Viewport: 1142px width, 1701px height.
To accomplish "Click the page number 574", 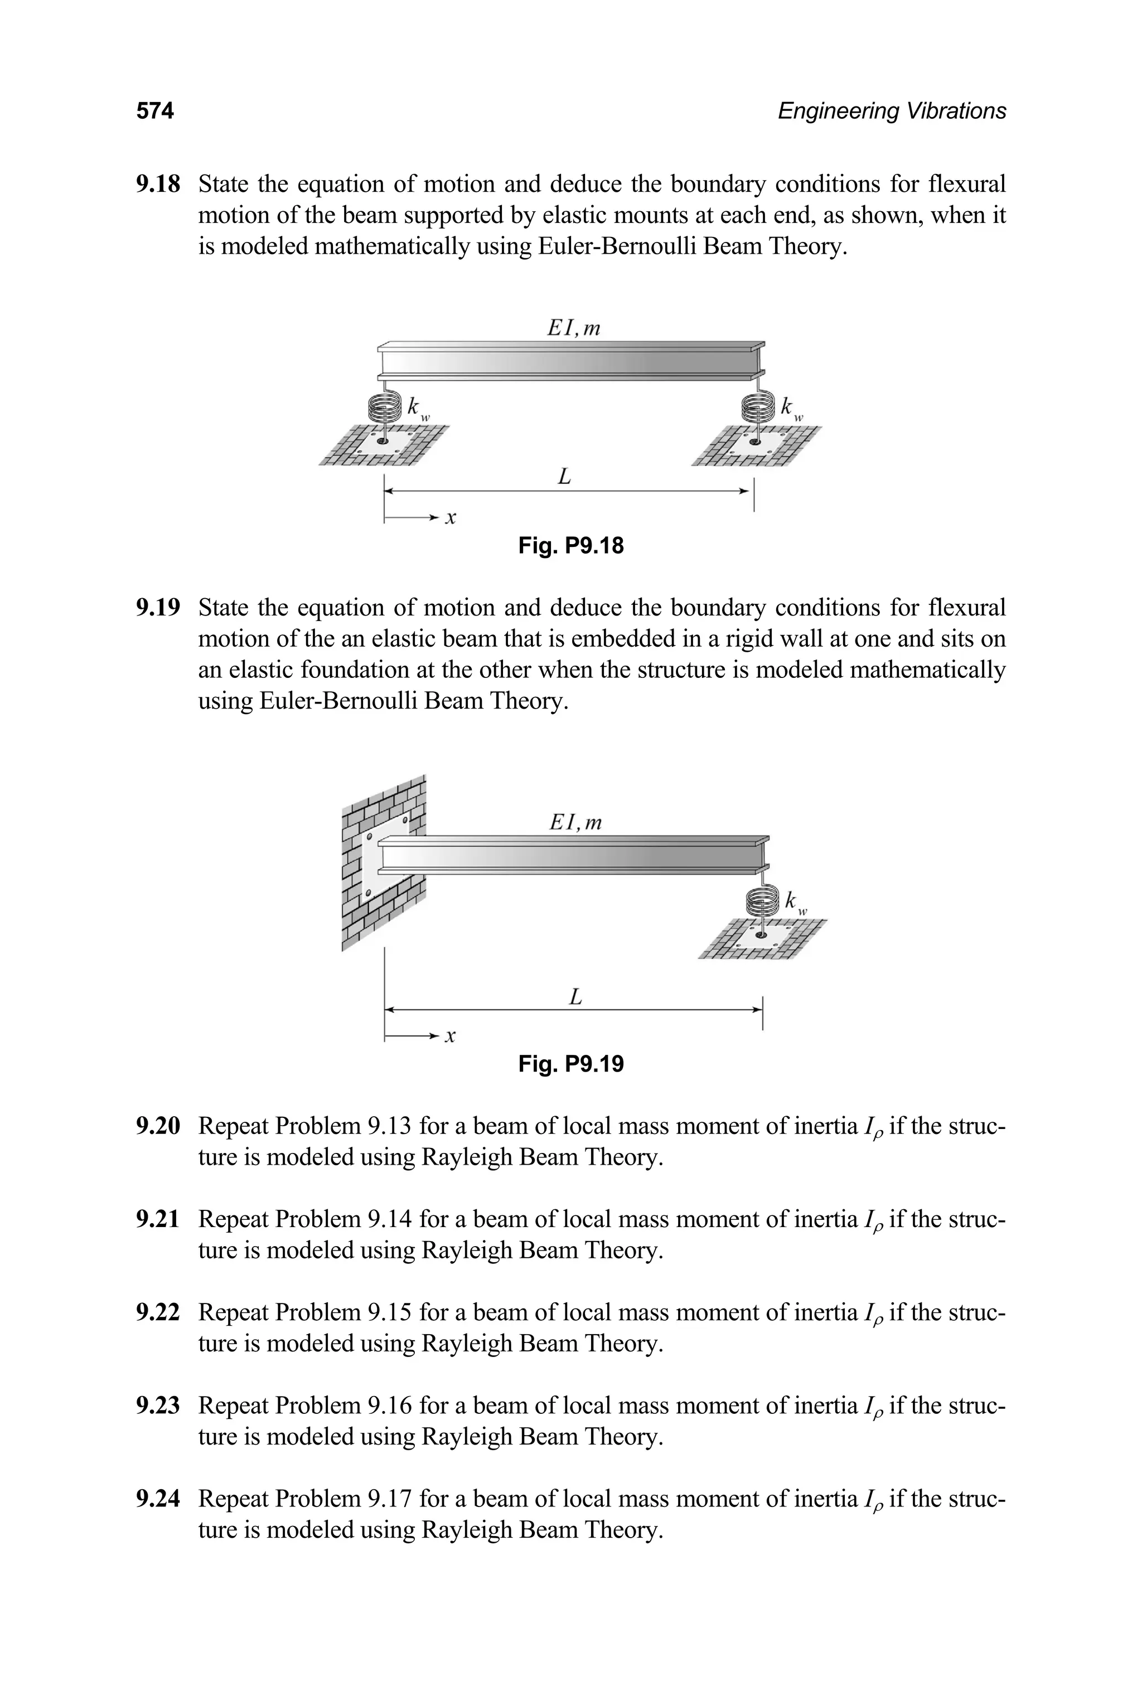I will [154, 111].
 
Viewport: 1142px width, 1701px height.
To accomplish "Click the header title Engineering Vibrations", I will [892, 111].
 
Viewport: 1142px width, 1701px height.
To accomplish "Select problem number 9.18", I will [157, 184].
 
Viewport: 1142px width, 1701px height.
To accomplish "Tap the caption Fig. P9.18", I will [571, 545].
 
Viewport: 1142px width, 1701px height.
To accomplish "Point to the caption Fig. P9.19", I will [571, 1064].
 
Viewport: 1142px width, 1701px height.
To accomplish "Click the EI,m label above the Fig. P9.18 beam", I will [574, 328].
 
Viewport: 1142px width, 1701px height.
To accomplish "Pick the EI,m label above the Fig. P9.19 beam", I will [575, 822].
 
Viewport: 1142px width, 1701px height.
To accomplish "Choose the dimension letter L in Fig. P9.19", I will [575, 996].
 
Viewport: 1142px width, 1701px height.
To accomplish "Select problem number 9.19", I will [157, 607].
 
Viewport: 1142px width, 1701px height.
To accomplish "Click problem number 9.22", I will [157, 1312].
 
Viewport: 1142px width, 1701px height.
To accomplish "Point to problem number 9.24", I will [157, 1499].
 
